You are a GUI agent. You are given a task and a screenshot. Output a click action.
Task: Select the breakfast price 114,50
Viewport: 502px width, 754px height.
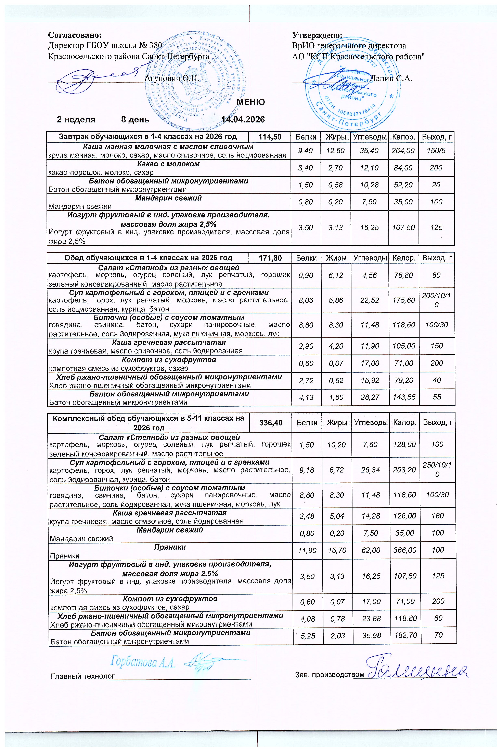point(270,137)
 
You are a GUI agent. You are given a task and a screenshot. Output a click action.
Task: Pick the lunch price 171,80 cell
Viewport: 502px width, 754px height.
point(270,258)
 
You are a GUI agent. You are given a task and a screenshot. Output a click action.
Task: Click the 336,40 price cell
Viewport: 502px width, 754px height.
point(271,423)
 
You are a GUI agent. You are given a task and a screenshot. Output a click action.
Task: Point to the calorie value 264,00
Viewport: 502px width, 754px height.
point(403,151)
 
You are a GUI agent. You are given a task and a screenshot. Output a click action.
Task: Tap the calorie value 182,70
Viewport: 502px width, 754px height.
point(405,635)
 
